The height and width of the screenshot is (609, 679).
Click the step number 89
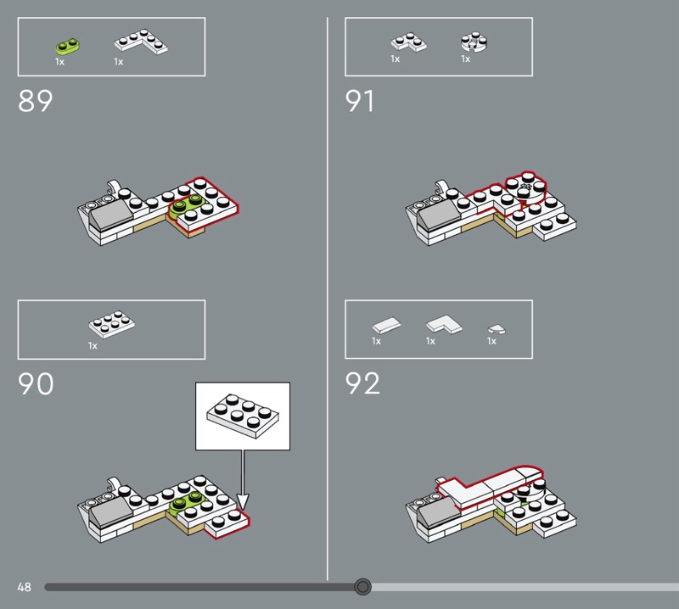point(35,101)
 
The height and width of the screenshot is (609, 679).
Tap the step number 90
point(36,383)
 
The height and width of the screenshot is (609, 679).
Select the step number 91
point(359,101)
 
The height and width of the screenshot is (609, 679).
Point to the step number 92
point(362,383)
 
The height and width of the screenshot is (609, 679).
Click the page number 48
point(25,587)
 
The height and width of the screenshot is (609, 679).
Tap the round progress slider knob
point(362,587)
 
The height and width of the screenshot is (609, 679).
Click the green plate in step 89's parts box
point(68,47)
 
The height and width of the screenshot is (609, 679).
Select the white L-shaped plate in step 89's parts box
point(142,42)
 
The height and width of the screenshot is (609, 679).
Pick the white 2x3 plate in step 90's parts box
point(112,324)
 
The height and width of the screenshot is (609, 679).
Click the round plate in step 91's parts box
point(474,42)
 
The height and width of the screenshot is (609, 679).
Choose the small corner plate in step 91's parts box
point(408,42)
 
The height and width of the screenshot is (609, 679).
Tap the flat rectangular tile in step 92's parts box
point(386,326)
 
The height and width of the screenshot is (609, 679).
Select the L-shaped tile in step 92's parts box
point(444,325)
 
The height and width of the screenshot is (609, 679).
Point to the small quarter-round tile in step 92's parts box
point(497,329)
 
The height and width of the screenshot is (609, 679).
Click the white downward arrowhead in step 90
point(243,502)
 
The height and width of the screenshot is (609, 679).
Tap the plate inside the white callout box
point(243,416)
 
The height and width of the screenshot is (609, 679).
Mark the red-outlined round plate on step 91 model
point(525,187)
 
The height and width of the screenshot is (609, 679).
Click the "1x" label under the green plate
point(59,62)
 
